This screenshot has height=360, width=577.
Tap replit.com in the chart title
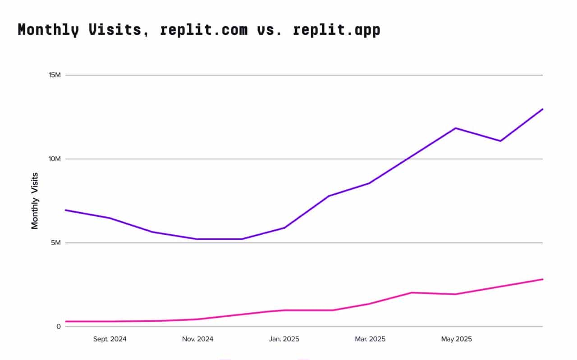pos(204,30)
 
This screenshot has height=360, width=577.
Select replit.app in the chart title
pos(336,30)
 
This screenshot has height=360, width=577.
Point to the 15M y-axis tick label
pos(55,75)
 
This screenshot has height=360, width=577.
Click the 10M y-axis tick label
pos(55,159)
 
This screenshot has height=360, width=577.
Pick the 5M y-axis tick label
pos(56,243)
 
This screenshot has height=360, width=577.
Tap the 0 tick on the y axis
pos(59,327)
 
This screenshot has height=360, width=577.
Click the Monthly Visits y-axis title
pos(35,201)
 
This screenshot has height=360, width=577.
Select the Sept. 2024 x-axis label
pos(110,339)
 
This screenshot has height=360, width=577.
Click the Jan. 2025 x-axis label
pos(284,339)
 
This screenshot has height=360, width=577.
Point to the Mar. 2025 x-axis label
pos(370,339)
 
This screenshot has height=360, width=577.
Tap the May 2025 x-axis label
pos(456,339)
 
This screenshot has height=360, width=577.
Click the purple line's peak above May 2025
pos(456,128)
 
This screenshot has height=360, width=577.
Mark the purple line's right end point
pos(543,109)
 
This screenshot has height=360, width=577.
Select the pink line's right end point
pos(543,279)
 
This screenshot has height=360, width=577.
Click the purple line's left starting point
pos(66,210)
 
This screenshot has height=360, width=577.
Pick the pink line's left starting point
pos(66,321)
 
